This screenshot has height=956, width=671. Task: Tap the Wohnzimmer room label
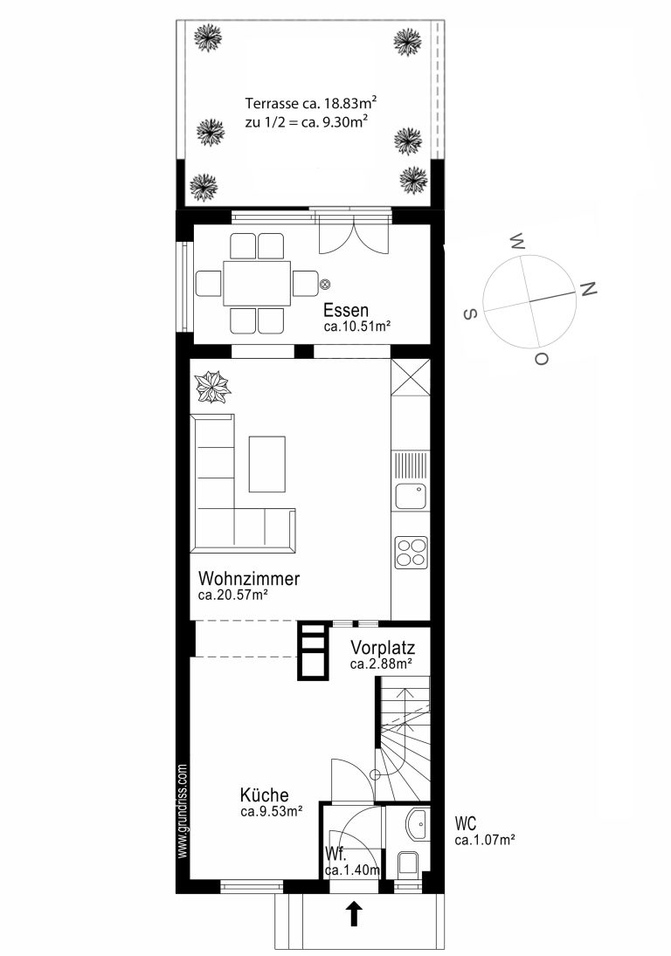click(249, 578)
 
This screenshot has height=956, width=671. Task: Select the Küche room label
click(264, 795)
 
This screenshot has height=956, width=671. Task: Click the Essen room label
click(346, 310)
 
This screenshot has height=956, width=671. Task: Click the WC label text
click(466, 823)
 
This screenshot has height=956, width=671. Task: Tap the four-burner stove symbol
click(411, 552)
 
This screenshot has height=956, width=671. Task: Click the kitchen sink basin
click(411, 496)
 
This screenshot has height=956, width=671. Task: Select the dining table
click(257, 284)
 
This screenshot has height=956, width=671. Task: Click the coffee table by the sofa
click(267, 464)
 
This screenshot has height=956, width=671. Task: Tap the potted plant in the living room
click(212, 387)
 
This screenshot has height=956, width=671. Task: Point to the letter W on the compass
click(517, 242)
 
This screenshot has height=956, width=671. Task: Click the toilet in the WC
click(408, 865)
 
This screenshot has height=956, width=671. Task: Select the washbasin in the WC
click(418, 824)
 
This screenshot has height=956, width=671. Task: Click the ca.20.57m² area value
click(233, 595)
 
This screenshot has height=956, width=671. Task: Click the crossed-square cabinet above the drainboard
click(411, 377)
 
